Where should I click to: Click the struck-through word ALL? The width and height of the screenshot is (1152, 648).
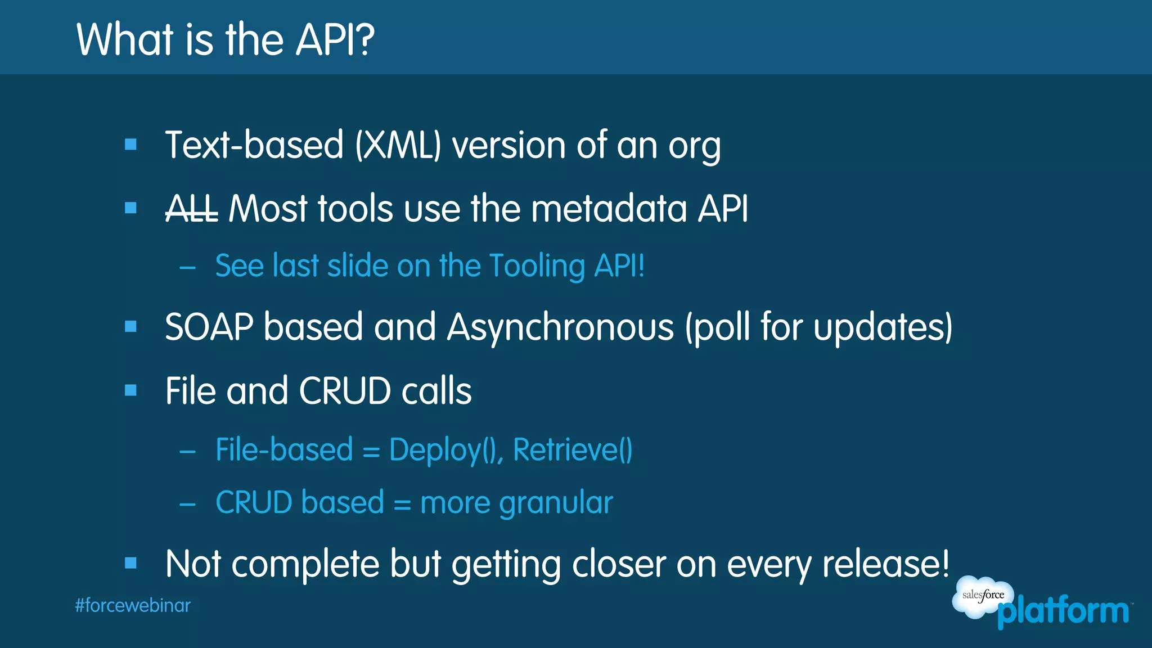191,209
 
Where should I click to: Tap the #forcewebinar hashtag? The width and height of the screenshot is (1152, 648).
133,606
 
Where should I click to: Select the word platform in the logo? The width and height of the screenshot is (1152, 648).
1063,611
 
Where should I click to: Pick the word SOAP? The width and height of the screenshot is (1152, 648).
209,327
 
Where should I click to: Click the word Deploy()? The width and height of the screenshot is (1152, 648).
446,450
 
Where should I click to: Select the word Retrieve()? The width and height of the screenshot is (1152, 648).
573,450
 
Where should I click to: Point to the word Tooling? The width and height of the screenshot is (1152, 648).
537,266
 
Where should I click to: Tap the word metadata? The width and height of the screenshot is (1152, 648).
609,209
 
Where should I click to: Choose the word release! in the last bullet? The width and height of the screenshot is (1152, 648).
886,564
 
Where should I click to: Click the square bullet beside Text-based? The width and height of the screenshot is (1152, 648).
131,145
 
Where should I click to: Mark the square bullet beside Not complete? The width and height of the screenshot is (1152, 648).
131,563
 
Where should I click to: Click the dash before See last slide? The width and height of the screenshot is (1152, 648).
187,268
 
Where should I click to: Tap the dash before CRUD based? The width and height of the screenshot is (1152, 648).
187,504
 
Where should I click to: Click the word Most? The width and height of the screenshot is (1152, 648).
268,209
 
